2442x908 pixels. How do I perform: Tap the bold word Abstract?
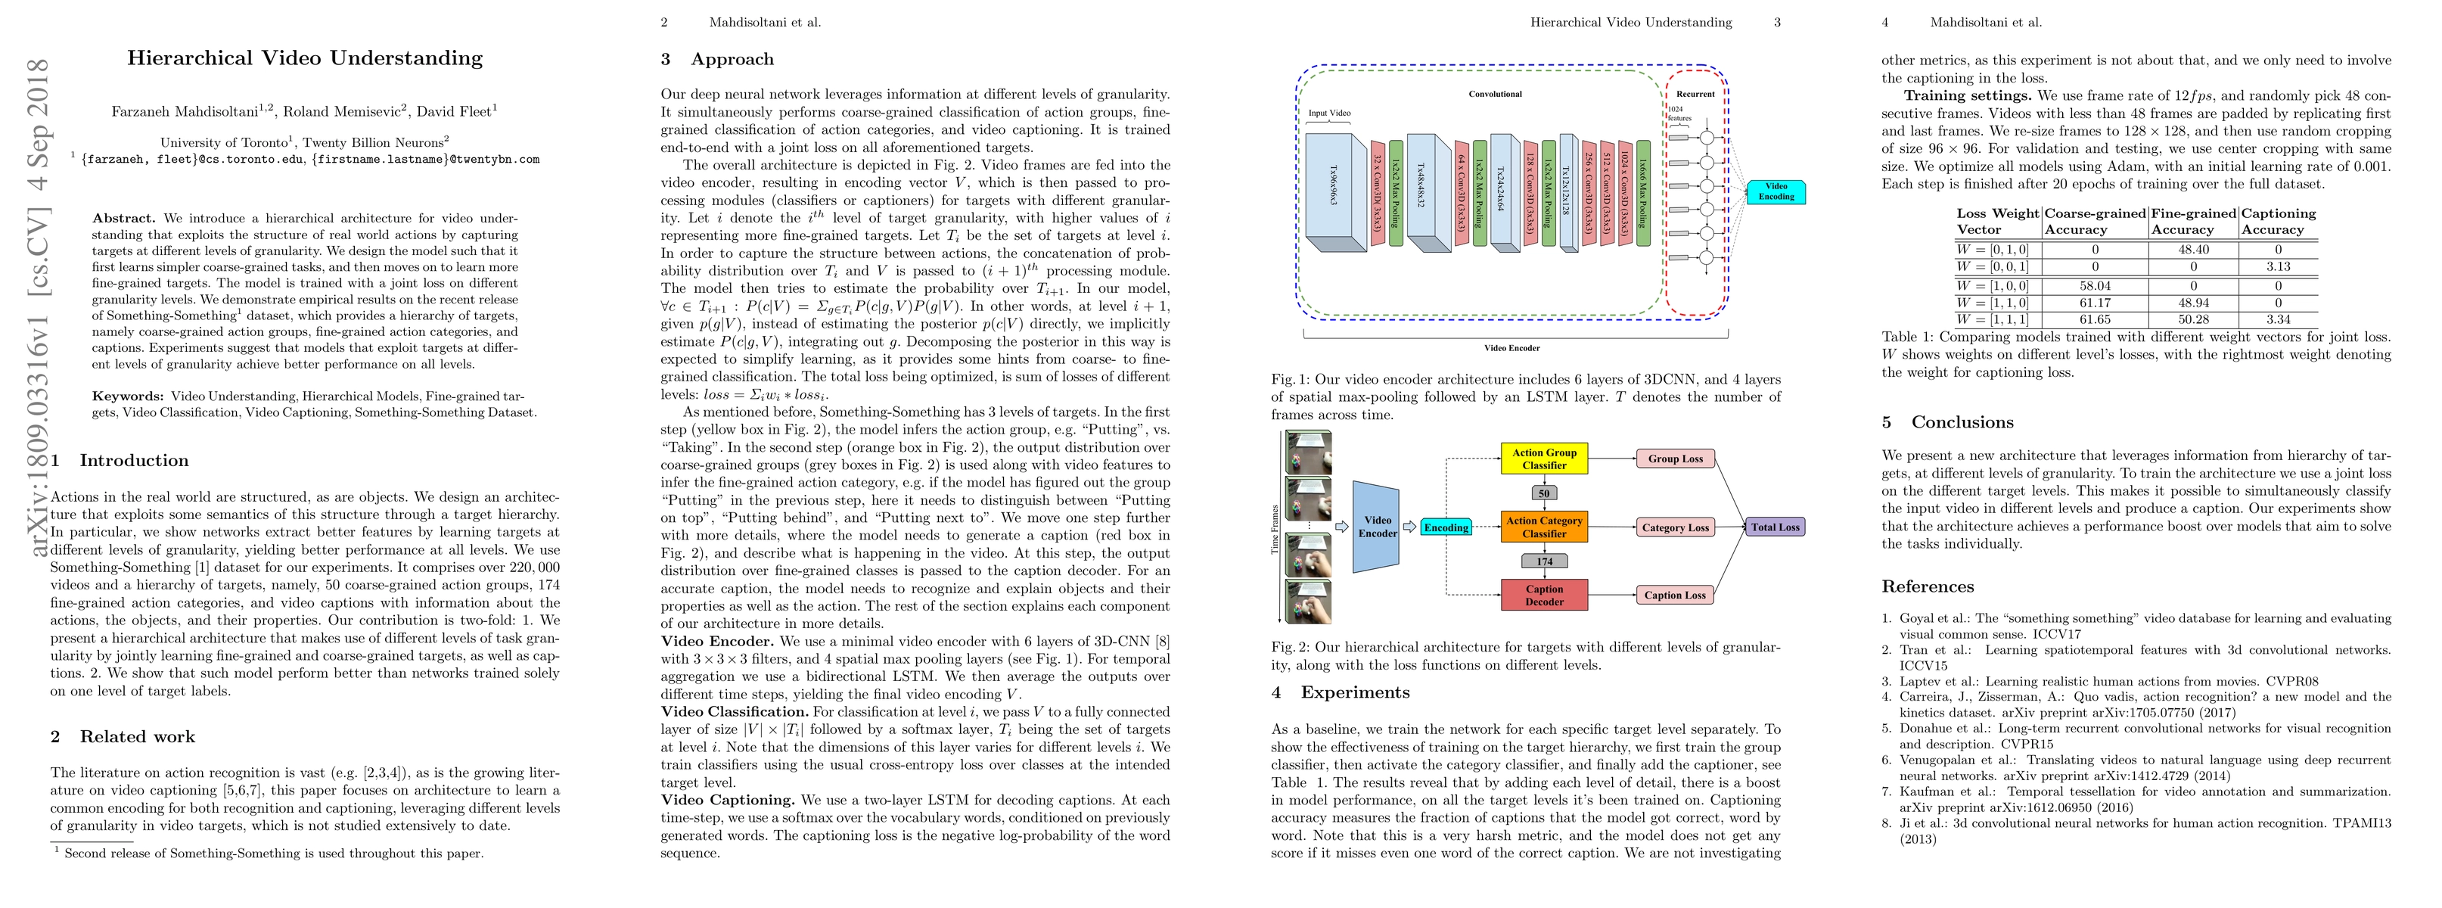click(123, 218)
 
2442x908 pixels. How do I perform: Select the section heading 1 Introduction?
click(120, 461)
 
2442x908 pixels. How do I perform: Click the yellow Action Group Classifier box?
click(1543, 459)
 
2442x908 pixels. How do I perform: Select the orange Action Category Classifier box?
click(1543, 527)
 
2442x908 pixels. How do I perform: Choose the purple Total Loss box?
click(1775, 527)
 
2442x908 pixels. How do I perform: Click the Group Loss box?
click(1674, 459)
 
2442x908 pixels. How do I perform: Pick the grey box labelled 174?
click(1544, 561)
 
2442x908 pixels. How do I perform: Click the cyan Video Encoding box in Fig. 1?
click(1776, 191)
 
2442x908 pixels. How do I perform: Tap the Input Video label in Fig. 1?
click(1329, 113)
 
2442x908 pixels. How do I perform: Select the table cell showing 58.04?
click(2095, 285)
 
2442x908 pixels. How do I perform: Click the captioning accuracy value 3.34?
click(2277, 319)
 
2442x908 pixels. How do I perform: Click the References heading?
click(1928, 586)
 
